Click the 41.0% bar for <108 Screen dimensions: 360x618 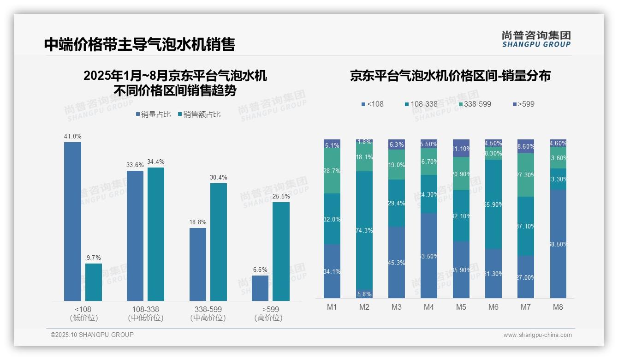pyautogui.click(x=72, y=222)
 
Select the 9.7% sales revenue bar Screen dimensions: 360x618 pyautogui.click(x=94, y=282)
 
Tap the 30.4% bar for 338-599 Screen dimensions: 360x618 pyautogui.click(x=219, y=242)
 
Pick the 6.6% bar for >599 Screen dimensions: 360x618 pyautogui.click(x=260, y=288)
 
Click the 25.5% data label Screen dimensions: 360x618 pyautogui.click(x=281, y=196)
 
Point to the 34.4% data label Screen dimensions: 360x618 pyautogui.click(x=156, y=162)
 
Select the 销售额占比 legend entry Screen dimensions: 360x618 pyautogui.click(x=199, y=114)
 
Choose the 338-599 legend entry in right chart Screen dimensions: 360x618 pyautogui.click(x=475, y=104)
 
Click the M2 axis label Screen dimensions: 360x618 pyautogui.click(x=364, y=307)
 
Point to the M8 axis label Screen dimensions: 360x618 pyautogui.click(x=558, y=307)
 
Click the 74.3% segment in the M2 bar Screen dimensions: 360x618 pyautogui.click(x=364, y=230)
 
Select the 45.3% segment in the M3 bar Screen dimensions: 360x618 pyautogui.click(x=396, y=262)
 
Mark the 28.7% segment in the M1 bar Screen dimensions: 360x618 pyautogui.click(x=332, y=171)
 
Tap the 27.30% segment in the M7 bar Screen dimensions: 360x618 pyautogui.click(x=525, y=175)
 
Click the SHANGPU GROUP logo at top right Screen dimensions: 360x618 pyautogui.click(x=536, y=39)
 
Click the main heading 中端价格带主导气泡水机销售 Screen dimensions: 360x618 pyautogui.click(x=140, y=44)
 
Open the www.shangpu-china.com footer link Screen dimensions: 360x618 pyautogui.click(x=537, y=335)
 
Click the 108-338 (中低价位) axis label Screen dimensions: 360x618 pyautogui.click(x=146, y=313)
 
